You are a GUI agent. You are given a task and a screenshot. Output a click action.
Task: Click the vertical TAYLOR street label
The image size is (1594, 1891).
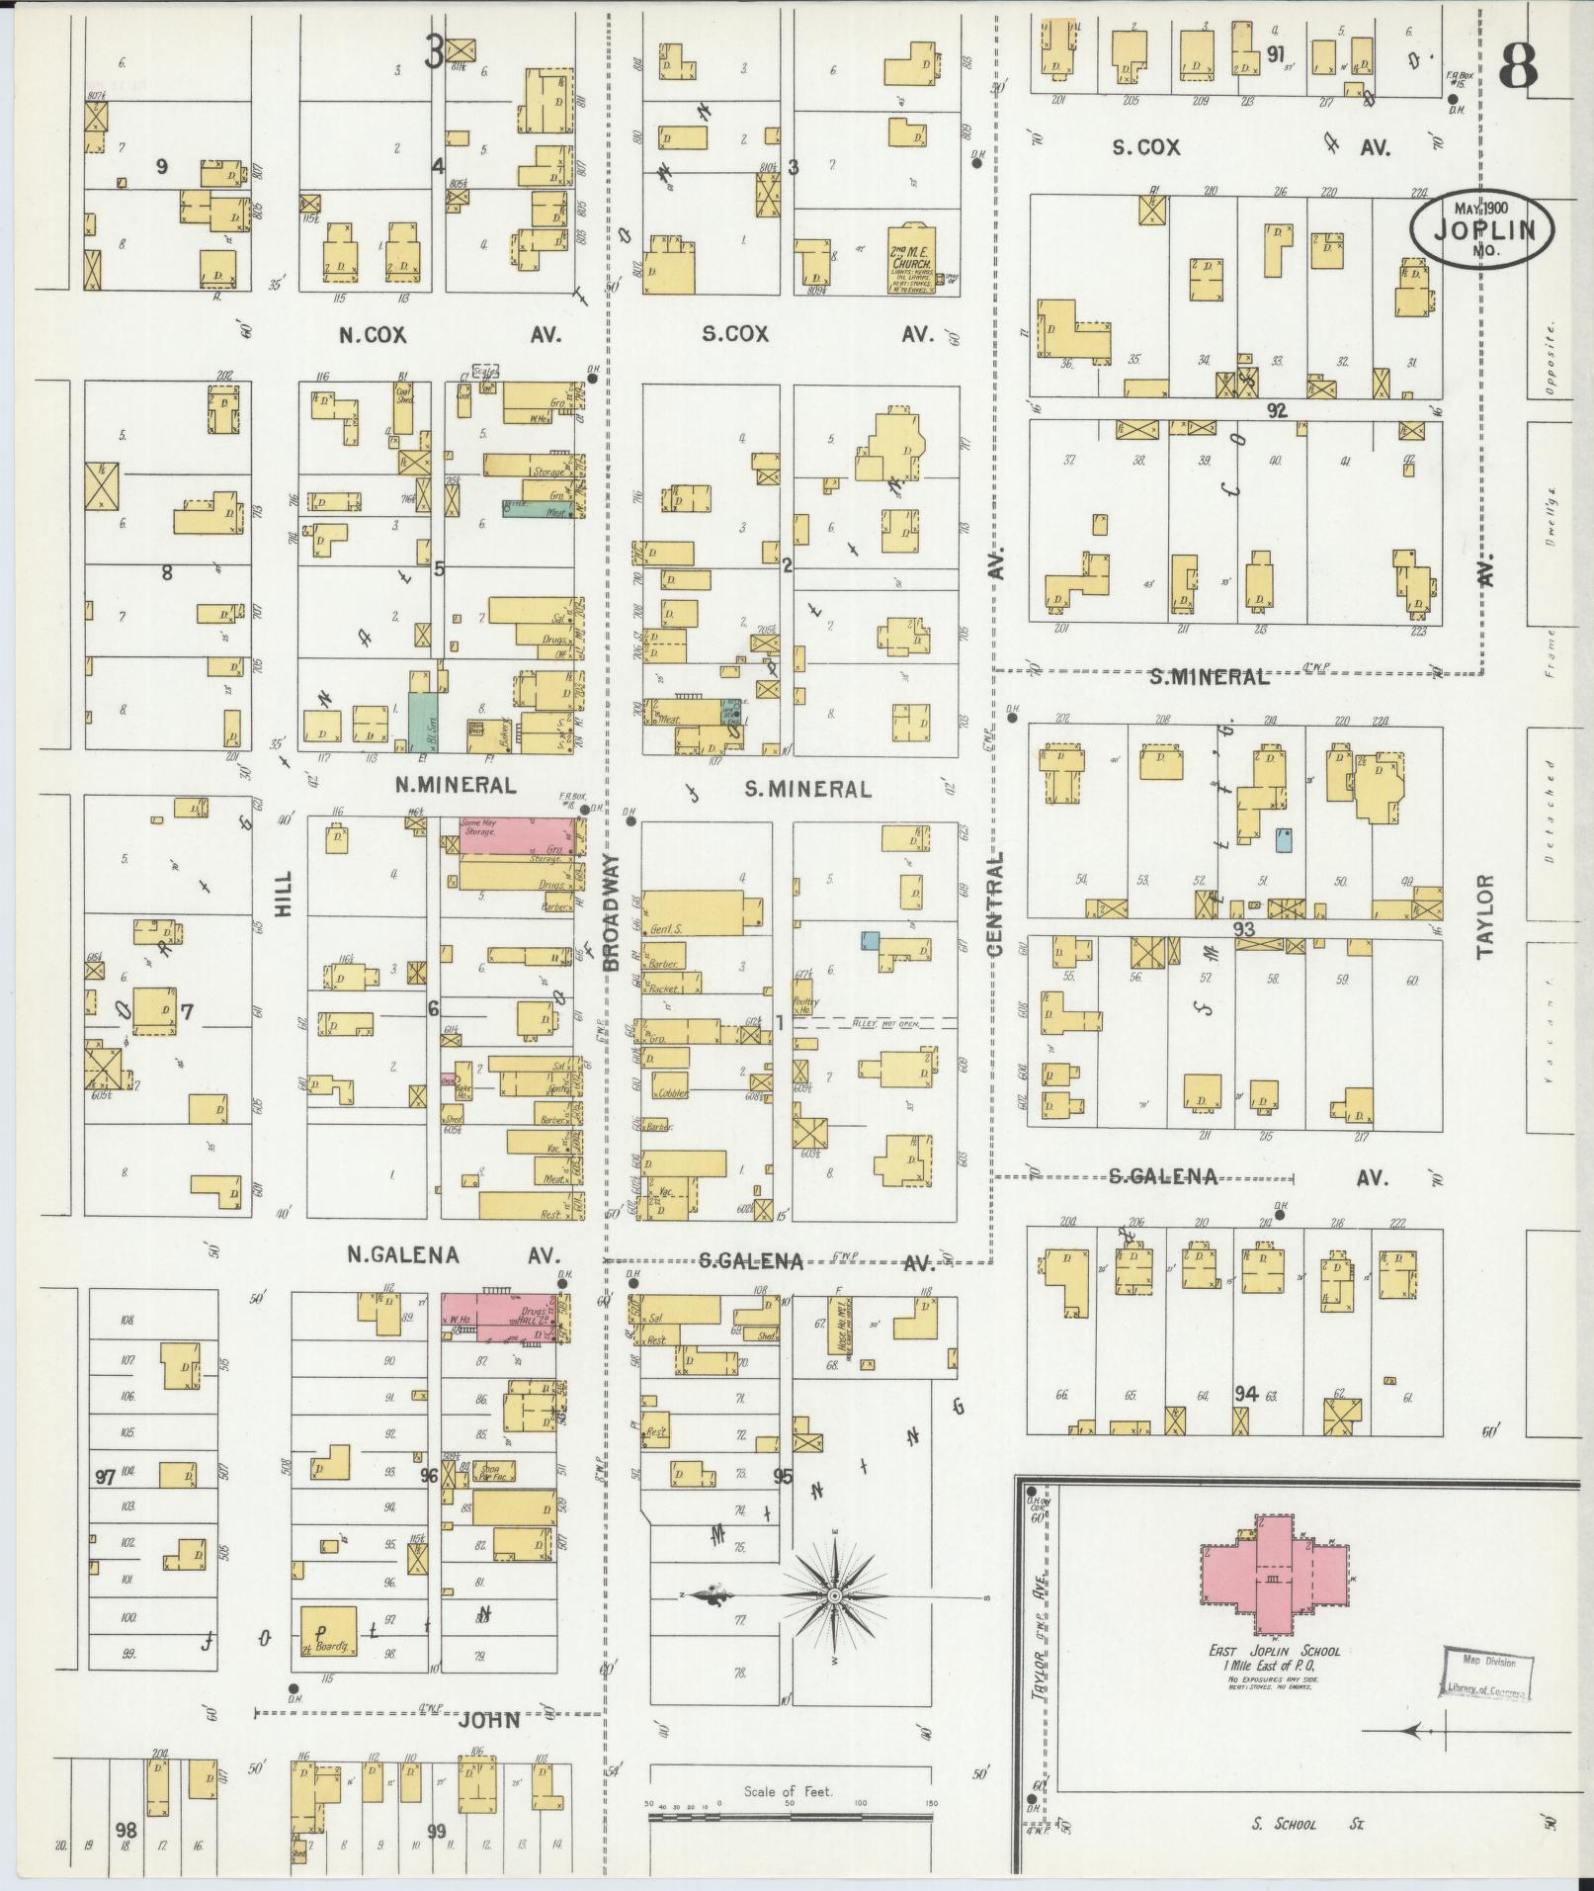tap(1485, 915)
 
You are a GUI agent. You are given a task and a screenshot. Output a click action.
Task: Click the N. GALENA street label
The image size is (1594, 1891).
tap(402, 1254)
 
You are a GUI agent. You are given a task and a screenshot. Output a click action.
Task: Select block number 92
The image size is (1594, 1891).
tap(1278, 411)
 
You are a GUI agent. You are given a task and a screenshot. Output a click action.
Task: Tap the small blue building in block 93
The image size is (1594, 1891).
tap(1284, 840)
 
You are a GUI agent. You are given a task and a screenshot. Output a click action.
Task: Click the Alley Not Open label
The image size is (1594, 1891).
tap(883, 1024)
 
